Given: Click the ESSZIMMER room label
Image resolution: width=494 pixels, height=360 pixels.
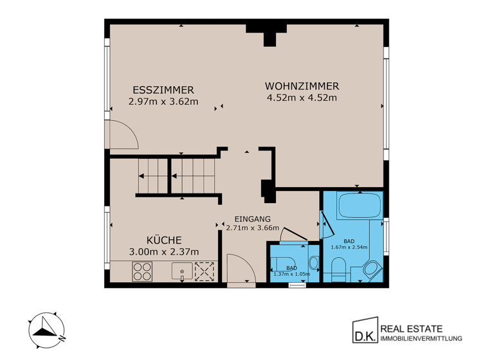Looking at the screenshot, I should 163,89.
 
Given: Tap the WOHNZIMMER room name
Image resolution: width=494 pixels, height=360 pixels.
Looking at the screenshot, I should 302,86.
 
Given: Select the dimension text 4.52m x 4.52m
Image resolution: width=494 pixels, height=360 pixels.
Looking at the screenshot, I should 302,98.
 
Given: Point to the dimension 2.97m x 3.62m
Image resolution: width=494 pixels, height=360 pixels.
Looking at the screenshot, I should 163,101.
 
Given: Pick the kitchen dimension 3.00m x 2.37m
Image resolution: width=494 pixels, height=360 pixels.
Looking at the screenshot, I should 163,251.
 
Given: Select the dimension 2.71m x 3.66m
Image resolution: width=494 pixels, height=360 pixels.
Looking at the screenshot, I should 252,228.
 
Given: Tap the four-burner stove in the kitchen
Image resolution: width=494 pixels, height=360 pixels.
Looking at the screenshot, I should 142,273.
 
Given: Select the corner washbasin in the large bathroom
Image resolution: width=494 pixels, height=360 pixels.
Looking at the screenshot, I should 372,270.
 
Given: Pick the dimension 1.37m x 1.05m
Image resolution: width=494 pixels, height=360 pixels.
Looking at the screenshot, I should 292,274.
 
